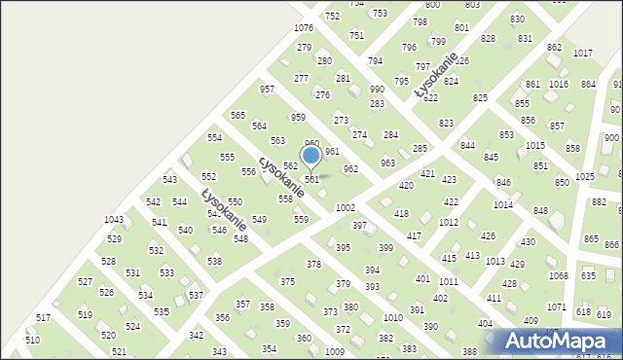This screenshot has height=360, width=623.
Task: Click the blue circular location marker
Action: coord(311,156)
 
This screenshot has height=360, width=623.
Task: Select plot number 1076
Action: coord(304,28)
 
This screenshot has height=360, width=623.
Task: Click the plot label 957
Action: coord(267,90)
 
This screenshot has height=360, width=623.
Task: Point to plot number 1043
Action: coord(114,220)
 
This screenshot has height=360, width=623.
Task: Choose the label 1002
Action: coord(345,208)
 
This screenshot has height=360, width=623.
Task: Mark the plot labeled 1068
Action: coord(558,276)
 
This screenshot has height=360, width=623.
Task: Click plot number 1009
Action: coord(335,351)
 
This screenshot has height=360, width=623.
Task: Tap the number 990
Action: coord(377,90)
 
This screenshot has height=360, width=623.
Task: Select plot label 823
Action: coord(446,124)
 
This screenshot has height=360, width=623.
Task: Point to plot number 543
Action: coord(169,180)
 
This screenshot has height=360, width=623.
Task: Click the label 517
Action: coord(43,318)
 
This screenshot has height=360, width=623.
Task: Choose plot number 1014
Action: coord(502,205)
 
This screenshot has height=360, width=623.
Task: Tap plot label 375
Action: coord(287,282)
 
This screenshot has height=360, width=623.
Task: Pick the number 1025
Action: coord(585,177)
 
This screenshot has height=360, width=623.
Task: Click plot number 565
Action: coord(238,116)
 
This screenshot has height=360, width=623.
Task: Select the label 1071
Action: coord(556,307)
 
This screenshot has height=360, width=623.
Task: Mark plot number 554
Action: coord(214,138)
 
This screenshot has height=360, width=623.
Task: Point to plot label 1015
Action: coord(535,145)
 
